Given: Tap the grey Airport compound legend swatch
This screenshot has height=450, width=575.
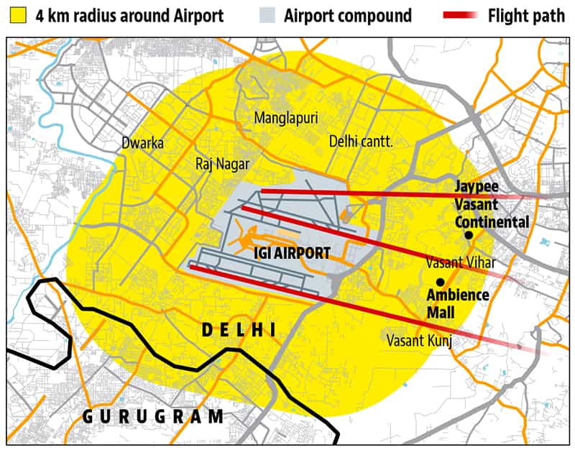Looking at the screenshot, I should point(271,15).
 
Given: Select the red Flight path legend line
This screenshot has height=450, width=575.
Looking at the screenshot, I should point(462,15).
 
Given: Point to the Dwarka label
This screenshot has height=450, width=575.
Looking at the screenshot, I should point(142,143).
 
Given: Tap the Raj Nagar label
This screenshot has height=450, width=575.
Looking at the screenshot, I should point(222,164).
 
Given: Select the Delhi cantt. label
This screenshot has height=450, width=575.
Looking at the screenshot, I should point(360,142).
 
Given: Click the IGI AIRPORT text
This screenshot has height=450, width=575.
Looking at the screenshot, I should point(292,253).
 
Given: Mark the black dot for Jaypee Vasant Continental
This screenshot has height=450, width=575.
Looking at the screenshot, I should point(469,235).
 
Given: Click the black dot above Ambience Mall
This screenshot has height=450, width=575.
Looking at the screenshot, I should point(440,282).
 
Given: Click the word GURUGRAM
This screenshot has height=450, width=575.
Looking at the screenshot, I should point(152,416).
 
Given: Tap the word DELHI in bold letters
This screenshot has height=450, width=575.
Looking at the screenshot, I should point(239,330).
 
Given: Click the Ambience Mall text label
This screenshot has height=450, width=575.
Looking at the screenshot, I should point(458,302).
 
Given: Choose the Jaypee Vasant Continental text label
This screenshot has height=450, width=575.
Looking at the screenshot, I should point(491,204).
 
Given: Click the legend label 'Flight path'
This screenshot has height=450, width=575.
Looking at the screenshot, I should point(526,15).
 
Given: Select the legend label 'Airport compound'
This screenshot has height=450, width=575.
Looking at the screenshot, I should point(348,15).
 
